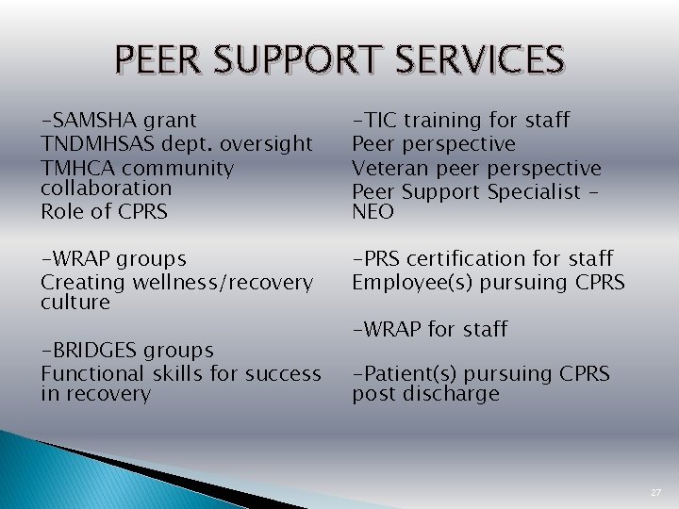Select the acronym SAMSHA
pos(90,120)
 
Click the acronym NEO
pos(373,212)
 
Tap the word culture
pos(75,303)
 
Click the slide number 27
pos(656,493)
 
